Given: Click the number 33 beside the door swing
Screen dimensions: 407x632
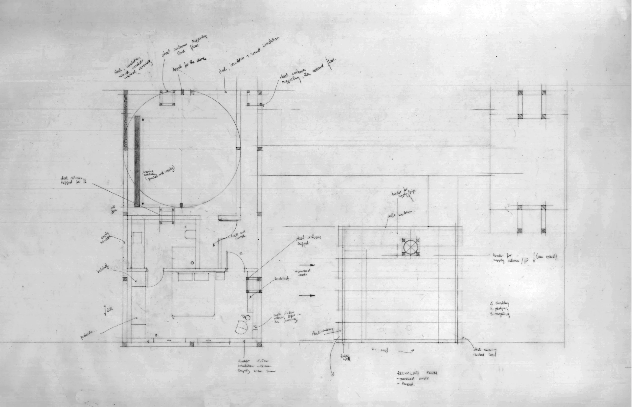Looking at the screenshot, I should coord(241,254).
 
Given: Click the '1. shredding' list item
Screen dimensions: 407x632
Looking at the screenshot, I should coord(499,303).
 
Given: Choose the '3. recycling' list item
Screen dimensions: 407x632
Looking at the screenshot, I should coord(499,314).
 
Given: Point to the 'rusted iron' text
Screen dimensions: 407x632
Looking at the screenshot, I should coord(485,355).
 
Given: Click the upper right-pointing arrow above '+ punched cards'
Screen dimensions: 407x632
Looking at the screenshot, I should coord(308,265).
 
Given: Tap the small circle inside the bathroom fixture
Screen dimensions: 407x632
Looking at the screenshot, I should coord(192,262).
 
